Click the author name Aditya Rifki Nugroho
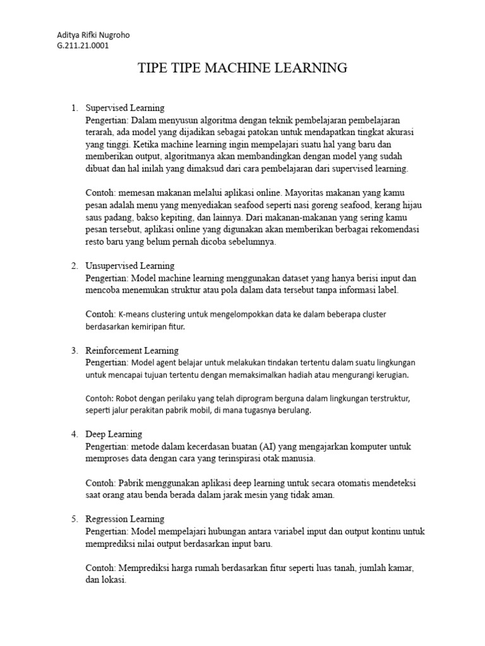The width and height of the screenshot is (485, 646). [x=93, y=35]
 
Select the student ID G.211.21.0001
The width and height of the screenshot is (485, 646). [x=83, y=45]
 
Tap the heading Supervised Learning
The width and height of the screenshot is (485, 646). [x=125, y=108]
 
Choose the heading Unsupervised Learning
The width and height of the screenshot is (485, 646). [x=130, y=266]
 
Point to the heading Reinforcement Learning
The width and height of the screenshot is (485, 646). [x=132, y=350]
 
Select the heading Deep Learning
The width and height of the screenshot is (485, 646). [x=114, y=434]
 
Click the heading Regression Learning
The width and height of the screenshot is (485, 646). [x=125, y=519]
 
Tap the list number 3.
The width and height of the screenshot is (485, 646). [x=74, y=350]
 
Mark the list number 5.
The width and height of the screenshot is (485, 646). [x=74, y=519]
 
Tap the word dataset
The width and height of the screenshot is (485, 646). [x=278, y=278]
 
